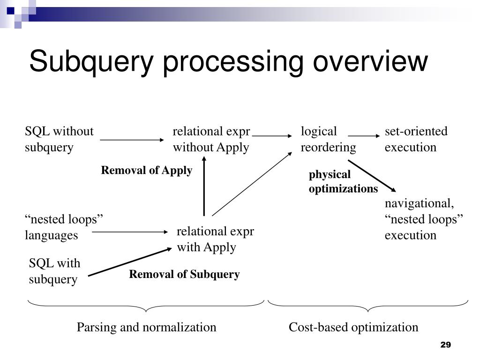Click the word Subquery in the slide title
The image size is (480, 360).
pyautogui.click(x=92, y=62)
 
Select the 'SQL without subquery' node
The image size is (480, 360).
pyautogui.click(x=59, y=139)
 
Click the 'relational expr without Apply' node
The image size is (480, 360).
pyautogui.click(x=211, y=139)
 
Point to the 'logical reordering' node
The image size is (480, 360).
pyautogui.click(x=328, y=139)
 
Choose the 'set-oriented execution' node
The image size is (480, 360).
pyautogui.click(x=416, y=139)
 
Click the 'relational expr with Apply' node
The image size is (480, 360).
pyautogui.click(x=215, y=239)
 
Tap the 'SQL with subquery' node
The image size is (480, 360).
pyautogui.click(x=54, y=271)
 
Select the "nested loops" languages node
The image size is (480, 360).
pyautogui.click(x=64, y=227)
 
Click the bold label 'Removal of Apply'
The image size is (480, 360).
pyautogui.click(x=147, y=171)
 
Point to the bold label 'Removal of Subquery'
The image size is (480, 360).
pyautogui.click(x=184, y=274)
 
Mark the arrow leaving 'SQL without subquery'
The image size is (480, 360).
pyautogui.click(x=132, y=140)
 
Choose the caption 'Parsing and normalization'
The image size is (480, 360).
pyautogui.click(x=147, y=327)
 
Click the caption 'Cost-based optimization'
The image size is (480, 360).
pyautogui.click(x=353, y=327)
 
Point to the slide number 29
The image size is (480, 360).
pyautogui.click(x=445, y=345)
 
